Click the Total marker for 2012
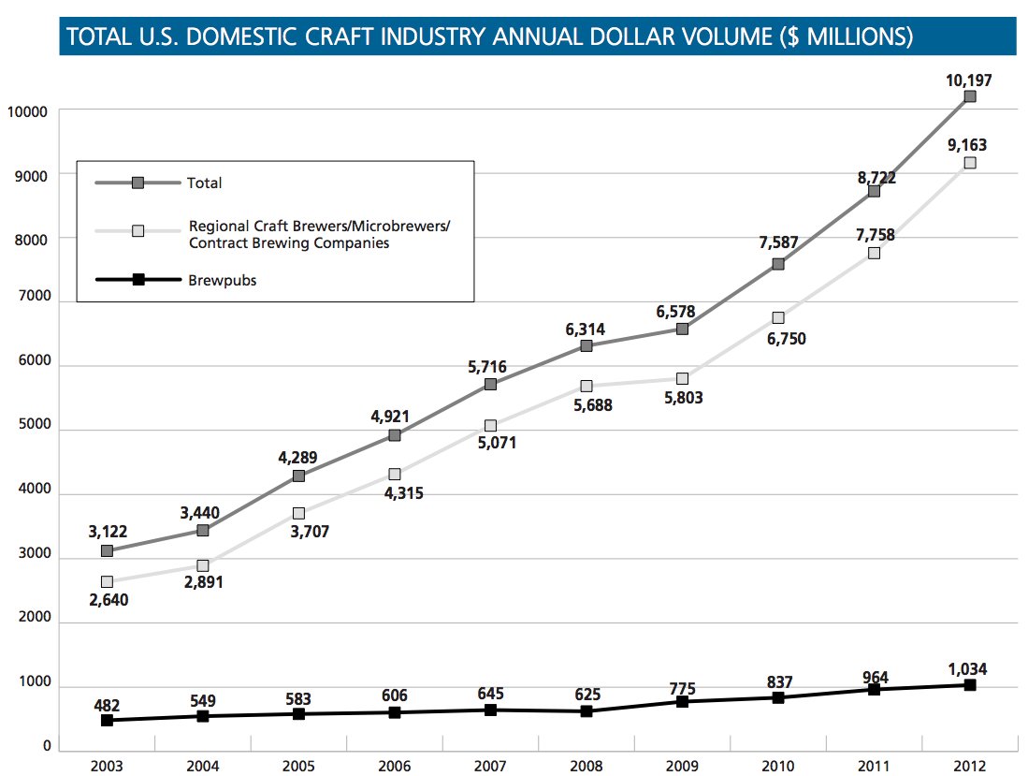970,96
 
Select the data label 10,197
968,81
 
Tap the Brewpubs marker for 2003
108,720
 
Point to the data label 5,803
682,398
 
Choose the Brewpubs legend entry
223,280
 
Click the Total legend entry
205,183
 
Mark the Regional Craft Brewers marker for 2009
682,378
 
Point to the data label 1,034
968,670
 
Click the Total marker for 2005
298,476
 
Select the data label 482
108,703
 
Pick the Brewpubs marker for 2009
682,701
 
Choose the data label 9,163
968,146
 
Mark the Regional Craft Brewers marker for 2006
395,475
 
